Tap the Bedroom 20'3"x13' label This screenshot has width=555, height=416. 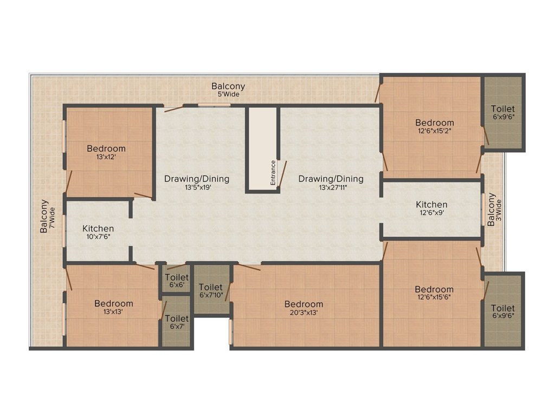tap(304, 308)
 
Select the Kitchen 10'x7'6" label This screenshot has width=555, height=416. tap(98, 232)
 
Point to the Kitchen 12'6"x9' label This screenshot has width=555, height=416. tap(431, 209)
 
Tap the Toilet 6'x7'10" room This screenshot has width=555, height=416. tap(211, 291)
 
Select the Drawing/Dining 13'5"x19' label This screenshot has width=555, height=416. tap(197, 183)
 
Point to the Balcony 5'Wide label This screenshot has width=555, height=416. tap(228, 90)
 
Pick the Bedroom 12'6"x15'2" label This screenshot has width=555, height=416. tap(435, 127)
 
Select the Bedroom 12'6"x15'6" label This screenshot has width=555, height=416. tap(434, 293)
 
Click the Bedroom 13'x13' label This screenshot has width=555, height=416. tap(113, 308)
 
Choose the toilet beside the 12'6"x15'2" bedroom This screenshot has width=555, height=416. tap(503, 113)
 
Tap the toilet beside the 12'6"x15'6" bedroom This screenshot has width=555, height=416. tap(503, 311)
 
